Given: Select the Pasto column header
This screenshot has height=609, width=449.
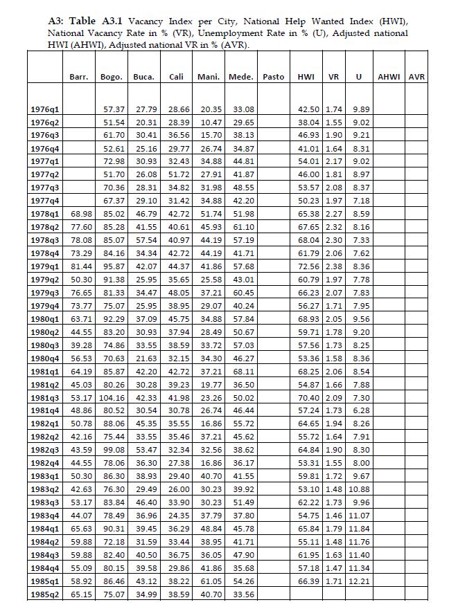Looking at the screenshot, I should pos(274,77).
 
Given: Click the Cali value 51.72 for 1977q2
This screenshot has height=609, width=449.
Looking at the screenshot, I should pos(179,176).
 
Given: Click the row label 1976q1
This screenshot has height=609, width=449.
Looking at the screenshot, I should pos(46,109).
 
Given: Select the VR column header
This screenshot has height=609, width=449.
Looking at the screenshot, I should pos(333,77).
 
